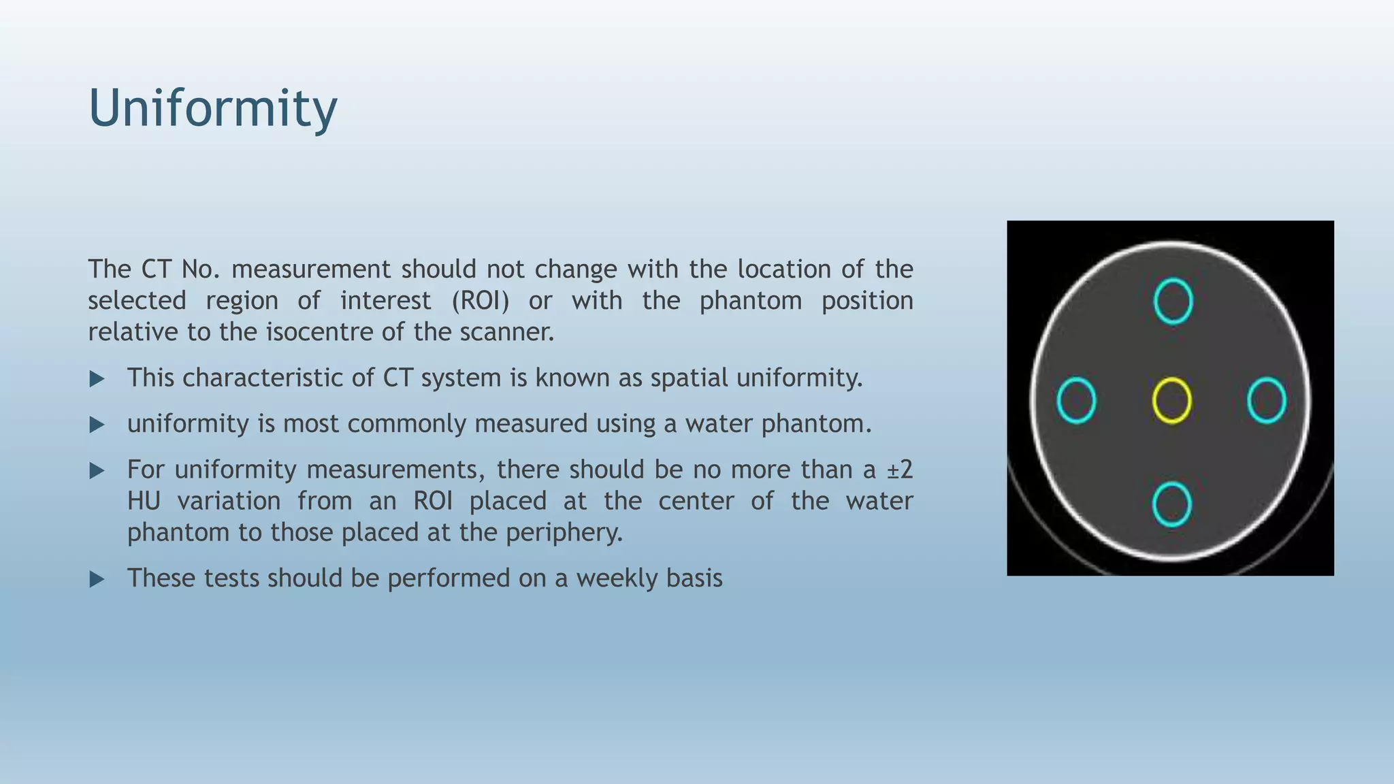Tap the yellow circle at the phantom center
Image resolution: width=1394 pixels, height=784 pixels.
(x=1171, y=400)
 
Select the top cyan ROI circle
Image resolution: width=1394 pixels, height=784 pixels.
(x=1173, y=301)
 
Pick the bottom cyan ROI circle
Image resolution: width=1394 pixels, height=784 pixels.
(x=1171, y=504)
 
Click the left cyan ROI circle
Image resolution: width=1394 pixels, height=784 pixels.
(x=1076, y=400)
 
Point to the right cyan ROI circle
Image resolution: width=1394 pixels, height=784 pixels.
(x=1266, y=400)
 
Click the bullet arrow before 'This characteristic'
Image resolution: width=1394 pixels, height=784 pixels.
(x=97, y=379)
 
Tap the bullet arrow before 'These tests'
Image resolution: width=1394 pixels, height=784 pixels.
(x=97, y=579)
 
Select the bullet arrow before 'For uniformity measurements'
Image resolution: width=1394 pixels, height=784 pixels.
(x=97, y=470)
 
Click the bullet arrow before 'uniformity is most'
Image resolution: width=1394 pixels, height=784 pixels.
(x=97, y=425)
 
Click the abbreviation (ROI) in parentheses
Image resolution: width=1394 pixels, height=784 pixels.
(x=480, y=301)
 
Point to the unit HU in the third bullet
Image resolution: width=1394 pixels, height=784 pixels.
(x=144, y=502)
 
